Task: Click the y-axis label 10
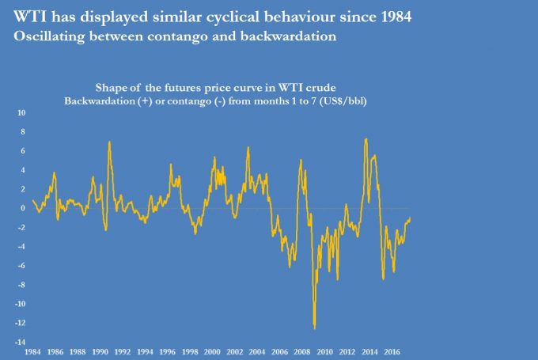point(22,112)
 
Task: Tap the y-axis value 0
point(24,208)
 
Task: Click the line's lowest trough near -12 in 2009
point(315,328)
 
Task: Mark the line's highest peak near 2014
point(366,139)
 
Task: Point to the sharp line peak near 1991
point(109,142)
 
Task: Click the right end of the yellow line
point(411,218)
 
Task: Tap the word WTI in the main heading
point(30,16)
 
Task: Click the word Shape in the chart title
point(112,88)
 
